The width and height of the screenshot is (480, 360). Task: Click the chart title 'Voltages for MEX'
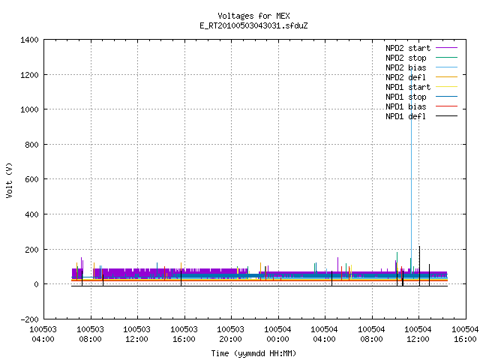coord(253,16)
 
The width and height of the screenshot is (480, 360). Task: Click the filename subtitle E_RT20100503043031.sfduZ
coord(253,25)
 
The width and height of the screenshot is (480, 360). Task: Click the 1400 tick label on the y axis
coord(29,40)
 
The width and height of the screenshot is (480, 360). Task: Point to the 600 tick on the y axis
coord(31,179)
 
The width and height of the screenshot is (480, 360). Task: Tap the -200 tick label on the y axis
coord(29,319)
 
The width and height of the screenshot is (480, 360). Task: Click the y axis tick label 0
coord(37,284)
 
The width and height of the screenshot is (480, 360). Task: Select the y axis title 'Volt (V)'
coord(9,180)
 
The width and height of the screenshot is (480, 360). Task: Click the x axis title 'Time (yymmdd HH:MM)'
coord(253,353)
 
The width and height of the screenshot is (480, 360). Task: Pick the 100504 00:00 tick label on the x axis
coord(277,334)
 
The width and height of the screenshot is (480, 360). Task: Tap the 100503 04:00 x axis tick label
coord(43,334)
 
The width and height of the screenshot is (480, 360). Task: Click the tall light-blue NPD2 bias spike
coord(411,172)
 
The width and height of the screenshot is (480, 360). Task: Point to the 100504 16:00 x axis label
coord(465,334)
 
